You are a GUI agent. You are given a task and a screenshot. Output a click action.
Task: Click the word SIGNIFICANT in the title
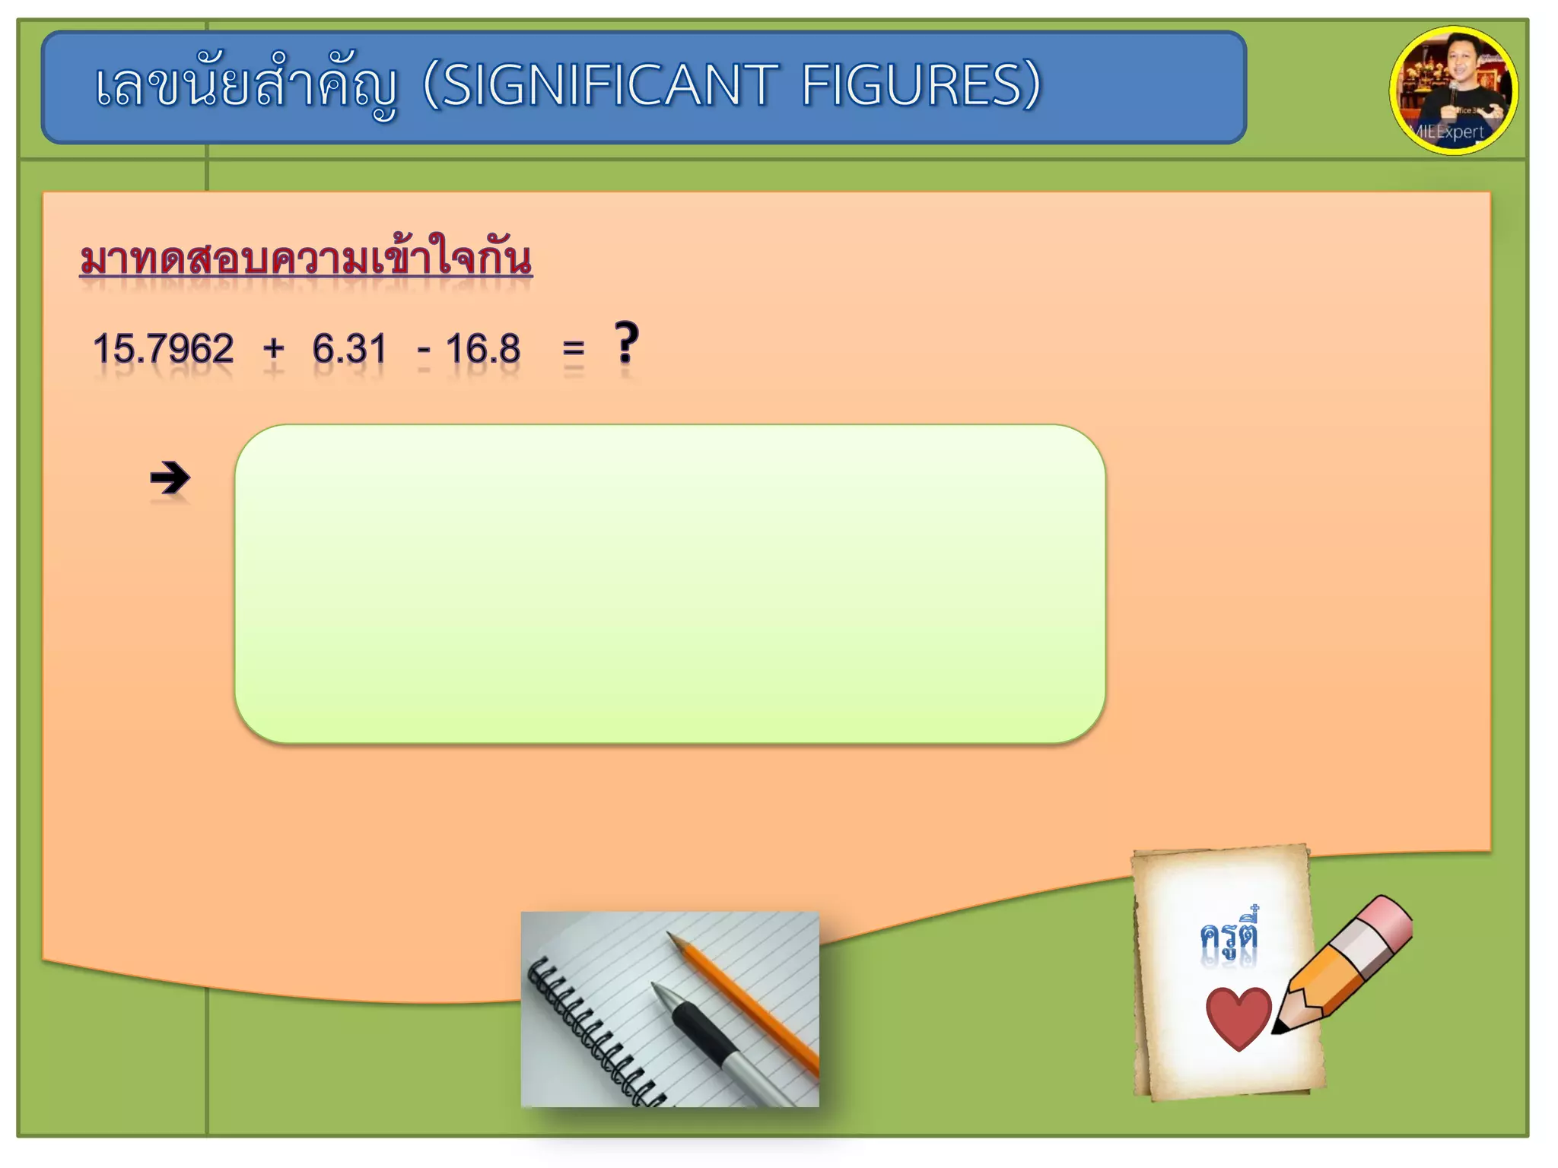click(609, 85)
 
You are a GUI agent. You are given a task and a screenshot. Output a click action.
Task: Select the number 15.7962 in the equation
click(163, 349)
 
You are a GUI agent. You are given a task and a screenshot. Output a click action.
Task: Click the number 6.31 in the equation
click(349, 349)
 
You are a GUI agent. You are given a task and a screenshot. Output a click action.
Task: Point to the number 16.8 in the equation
click(483, 349)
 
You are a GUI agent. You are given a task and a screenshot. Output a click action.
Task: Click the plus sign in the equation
click(273, 350)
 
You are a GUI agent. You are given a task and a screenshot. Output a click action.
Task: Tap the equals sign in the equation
click(574, 350)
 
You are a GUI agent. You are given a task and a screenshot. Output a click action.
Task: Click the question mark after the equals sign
click(627, 344)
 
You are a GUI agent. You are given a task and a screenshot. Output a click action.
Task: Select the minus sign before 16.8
click(424, 351)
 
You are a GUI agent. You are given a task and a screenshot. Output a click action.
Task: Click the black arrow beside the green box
click(170, 478)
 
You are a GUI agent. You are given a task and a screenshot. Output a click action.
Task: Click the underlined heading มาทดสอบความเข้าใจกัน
click(306, 259)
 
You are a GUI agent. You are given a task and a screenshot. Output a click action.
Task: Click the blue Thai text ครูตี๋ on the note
click(1229, 935)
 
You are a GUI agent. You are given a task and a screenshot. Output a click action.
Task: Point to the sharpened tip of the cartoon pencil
click(1280, 1029)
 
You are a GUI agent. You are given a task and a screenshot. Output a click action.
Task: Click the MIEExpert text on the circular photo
click(1449, 132)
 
